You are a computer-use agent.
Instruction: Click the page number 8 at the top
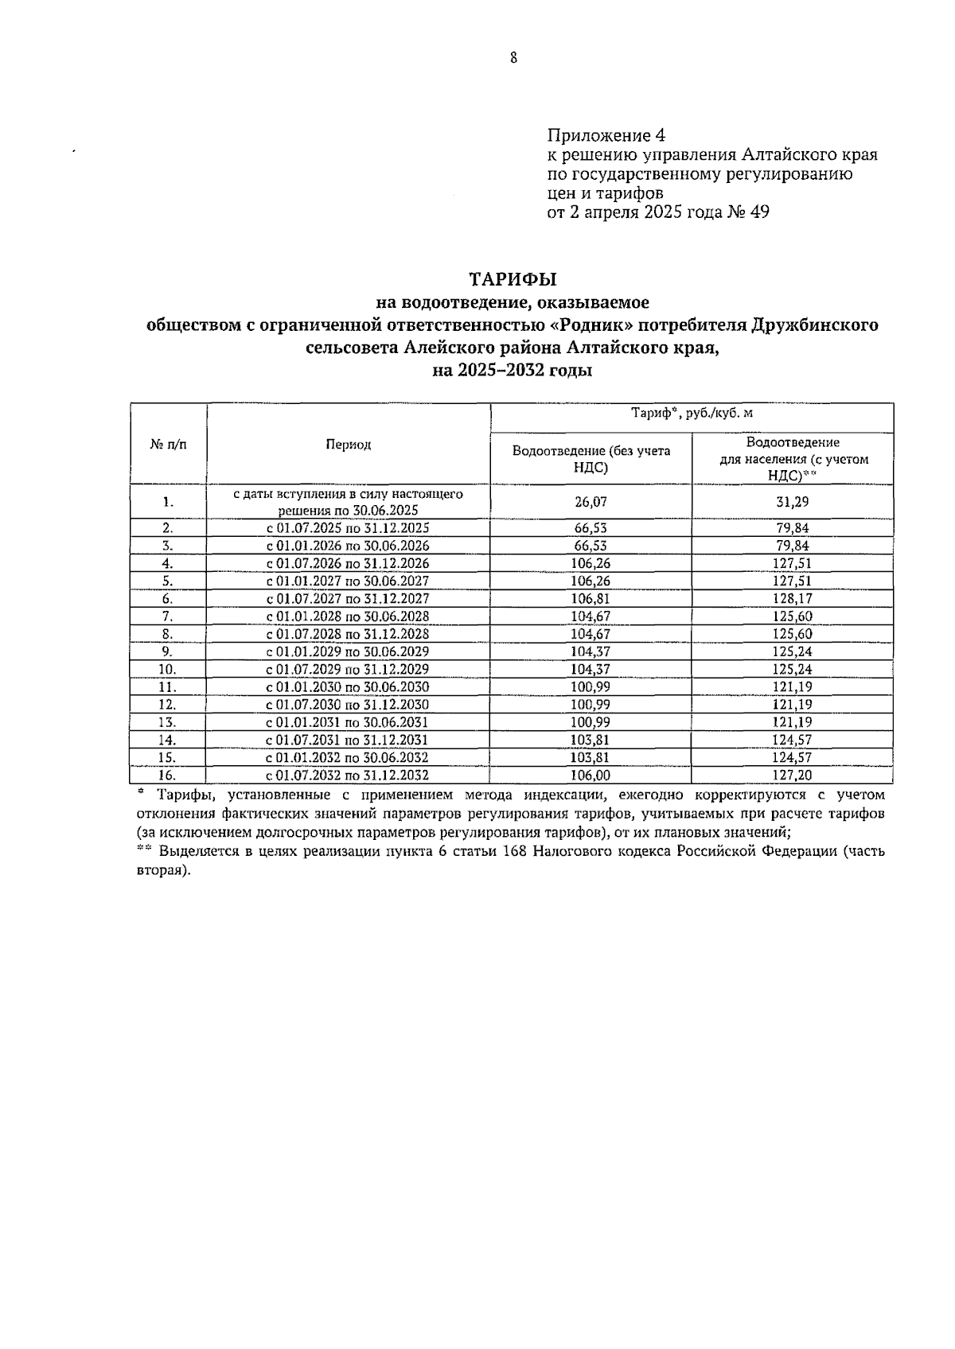(513, 57)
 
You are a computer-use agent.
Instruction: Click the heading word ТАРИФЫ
(513, 280)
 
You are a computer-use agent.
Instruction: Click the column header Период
(348, 445)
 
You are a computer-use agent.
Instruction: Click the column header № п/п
(168, 445)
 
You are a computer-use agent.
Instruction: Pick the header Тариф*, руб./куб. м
(692, 414)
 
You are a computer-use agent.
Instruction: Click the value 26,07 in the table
(591, 502)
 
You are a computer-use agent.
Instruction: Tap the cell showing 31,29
(793, 502)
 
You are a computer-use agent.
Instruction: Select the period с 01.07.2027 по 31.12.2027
(348, 599)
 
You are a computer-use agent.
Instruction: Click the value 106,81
(591, 599)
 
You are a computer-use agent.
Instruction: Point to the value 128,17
(793, 599)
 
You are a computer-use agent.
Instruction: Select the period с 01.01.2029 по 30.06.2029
(348, 651)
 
